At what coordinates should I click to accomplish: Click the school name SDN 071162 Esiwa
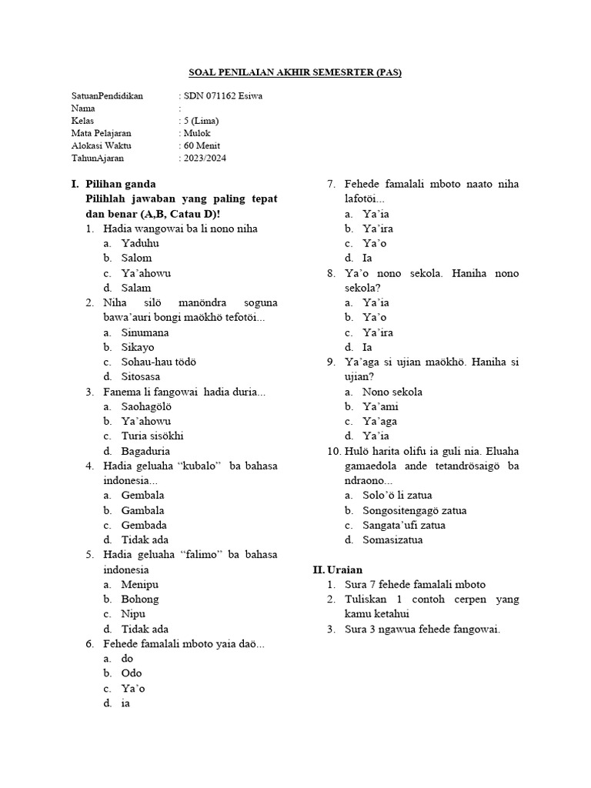(x=222, y=96)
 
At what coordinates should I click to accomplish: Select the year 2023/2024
(x=205, y=159)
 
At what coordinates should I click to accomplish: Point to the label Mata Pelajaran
(x=101, y=134)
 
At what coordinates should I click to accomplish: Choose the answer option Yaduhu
(x=140, y=243)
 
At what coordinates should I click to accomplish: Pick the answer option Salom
(x=137, y=258)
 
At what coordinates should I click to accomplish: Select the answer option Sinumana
(x=145, y=332)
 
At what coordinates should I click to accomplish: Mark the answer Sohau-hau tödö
(x=159, y=362)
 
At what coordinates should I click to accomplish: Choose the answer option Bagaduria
(x=146, y=451)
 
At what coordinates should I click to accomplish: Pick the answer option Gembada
(x=144, y=525)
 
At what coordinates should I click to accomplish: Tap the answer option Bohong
(x=140, y=599)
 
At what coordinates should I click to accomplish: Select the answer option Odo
(x=132, y=673)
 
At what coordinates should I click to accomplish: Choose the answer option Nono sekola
(x=392, y=392)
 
